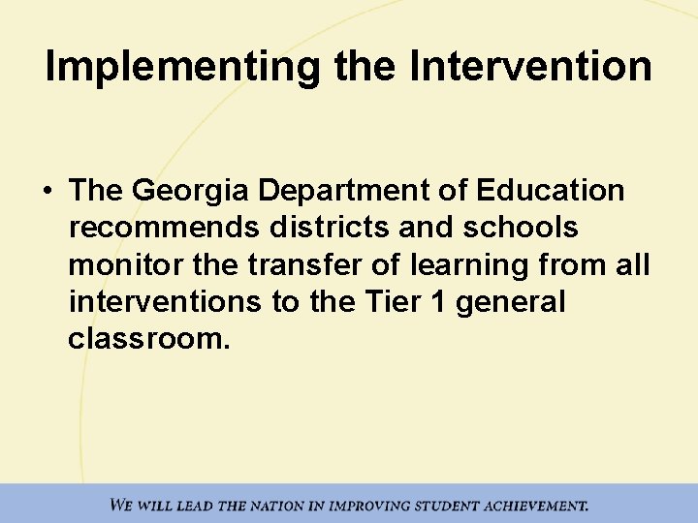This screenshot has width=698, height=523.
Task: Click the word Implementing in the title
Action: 180,66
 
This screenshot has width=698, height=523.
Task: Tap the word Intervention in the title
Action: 530,66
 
